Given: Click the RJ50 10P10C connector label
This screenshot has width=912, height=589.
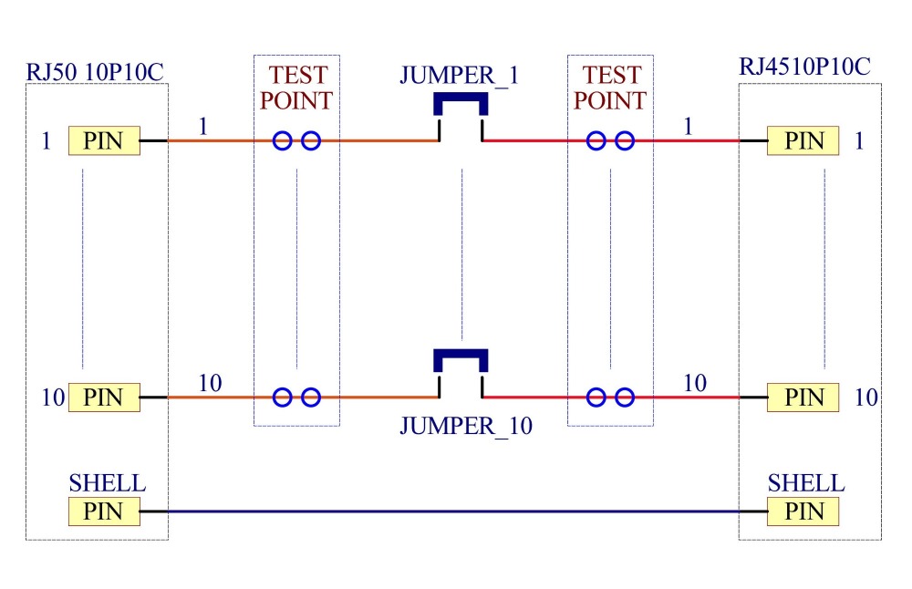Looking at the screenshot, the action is [95, 72].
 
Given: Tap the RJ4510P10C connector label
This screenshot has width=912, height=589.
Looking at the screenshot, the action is [804, 67].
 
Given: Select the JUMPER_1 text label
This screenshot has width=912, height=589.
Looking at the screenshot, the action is [459, 76].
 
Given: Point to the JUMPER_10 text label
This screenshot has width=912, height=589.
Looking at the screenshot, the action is [466, 426].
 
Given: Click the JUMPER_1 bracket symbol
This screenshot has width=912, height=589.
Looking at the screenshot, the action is [461, 97].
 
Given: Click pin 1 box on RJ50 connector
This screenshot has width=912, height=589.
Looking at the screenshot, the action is [104, 140].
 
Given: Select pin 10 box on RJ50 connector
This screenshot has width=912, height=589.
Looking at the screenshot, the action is [104, 398].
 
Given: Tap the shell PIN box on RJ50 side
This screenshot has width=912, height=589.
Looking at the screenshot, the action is [104, 511].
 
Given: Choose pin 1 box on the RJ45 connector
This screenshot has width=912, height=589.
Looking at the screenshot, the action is [803, 140].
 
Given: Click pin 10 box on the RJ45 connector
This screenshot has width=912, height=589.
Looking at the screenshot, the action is [803, 398].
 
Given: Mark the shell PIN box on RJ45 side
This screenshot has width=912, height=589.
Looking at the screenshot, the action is [803, 511].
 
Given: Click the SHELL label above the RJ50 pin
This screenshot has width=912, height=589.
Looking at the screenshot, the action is [108, 483].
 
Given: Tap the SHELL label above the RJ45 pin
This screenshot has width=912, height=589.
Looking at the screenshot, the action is [806, 483].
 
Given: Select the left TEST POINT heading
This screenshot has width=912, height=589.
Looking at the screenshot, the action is [296, 88].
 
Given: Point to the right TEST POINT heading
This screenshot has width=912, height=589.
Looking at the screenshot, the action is [610, 88].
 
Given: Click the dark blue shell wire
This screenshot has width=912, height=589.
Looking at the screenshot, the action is [453, 511].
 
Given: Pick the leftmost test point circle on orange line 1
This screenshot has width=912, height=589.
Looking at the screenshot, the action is [282, 140].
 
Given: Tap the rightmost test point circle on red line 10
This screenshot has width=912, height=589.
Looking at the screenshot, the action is [625, 398].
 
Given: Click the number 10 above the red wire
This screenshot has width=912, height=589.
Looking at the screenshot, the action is [694, 383].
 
